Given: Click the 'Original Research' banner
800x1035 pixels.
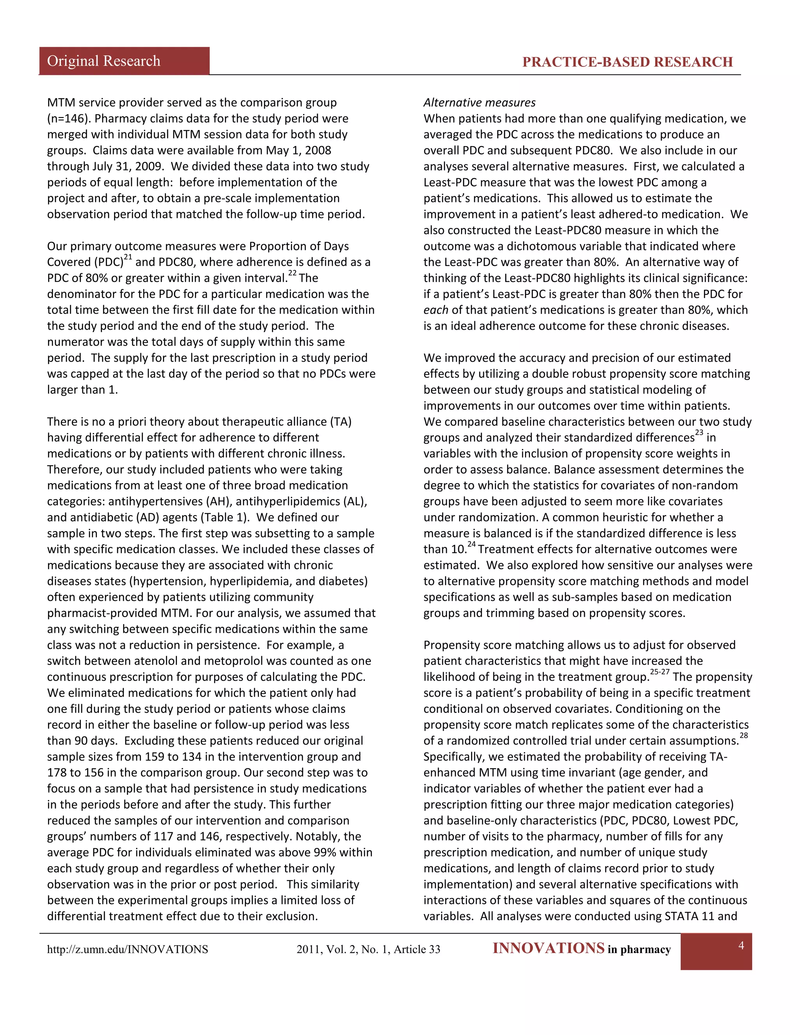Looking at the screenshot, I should (x=104, y=61).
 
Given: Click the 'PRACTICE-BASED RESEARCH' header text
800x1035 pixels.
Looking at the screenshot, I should (x=627, y=62).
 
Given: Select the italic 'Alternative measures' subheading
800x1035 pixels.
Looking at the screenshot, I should (x=479, y=102).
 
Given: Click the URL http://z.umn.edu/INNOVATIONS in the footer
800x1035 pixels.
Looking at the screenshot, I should (x=127, y=949).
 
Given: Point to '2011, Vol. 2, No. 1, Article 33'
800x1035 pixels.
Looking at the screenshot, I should (x=368, y=949).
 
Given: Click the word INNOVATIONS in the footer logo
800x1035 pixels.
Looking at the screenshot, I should (x=548, y=948).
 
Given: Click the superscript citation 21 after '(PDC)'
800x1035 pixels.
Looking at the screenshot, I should (x=128, y=257).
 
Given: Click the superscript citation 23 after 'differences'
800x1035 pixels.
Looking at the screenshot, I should (x=699, y=433).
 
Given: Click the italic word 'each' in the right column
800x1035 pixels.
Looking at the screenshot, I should (x=436, y=310).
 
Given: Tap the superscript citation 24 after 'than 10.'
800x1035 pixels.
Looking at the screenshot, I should (x=471, y=544).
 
